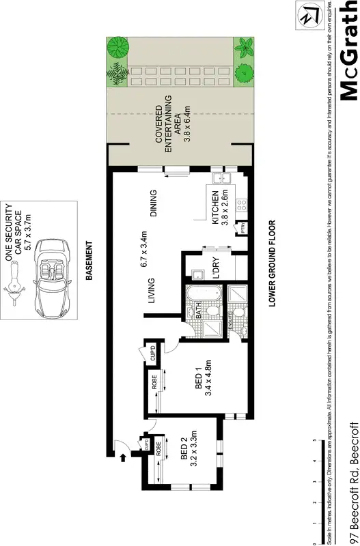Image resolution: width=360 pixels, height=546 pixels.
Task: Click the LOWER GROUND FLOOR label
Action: (272, 263)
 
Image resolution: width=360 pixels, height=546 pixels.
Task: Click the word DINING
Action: (154, 203)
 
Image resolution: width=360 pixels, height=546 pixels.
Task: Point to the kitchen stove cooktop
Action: (240, 204)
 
